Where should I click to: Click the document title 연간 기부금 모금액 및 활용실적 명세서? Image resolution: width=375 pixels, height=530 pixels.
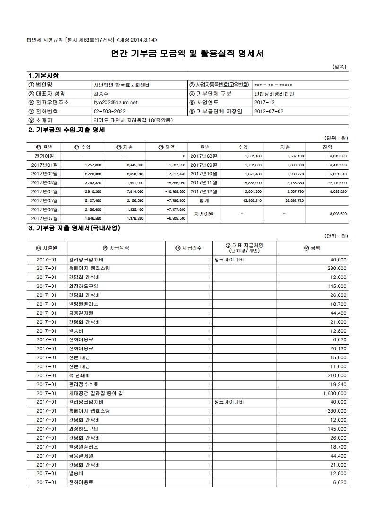coord(187,54)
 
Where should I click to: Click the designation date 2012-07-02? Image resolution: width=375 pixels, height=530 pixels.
coord(269,111)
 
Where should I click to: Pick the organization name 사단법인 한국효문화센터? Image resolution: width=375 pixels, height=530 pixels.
coord(121,85)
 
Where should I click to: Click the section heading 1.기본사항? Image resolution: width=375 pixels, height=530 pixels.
coord(44,76)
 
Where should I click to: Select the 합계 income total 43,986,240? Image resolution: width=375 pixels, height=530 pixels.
coord(253,200)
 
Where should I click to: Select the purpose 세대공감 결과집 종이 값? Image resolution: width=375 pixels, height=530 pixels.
coord(96,393)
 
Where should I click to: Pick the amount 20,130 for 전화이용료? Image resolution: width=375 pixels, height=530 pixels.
coord(338,348)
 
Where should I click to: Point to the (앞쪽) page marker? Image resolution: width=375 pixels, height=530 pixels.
coord(340,67)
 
